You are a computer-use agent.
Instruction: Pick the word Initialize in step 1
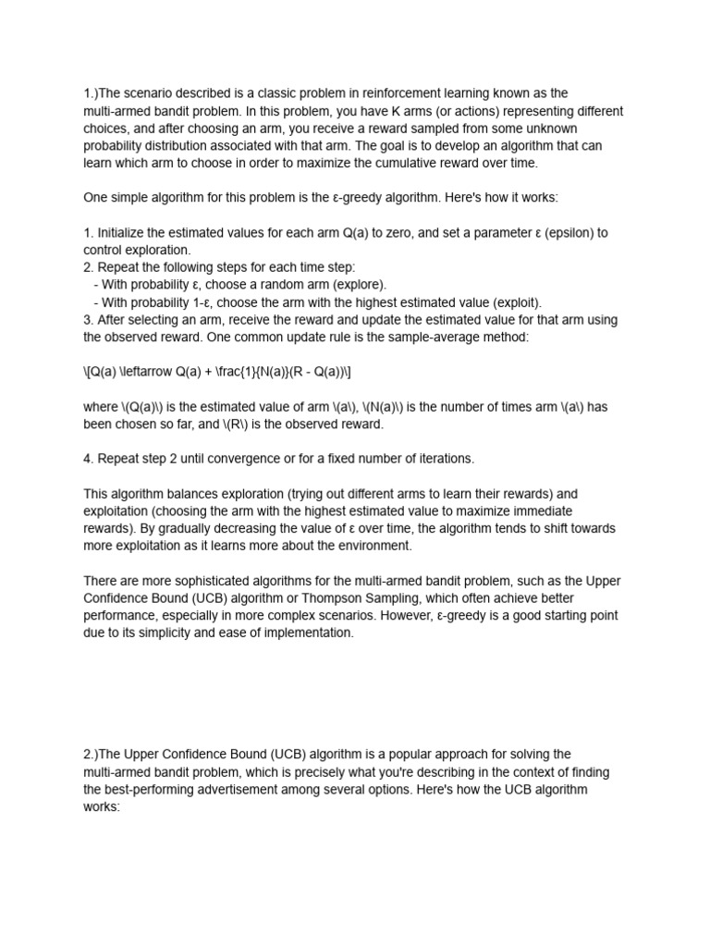[x=121, y=233]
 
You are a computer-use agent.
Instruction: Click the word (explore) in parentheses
[x=355, y=285]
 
